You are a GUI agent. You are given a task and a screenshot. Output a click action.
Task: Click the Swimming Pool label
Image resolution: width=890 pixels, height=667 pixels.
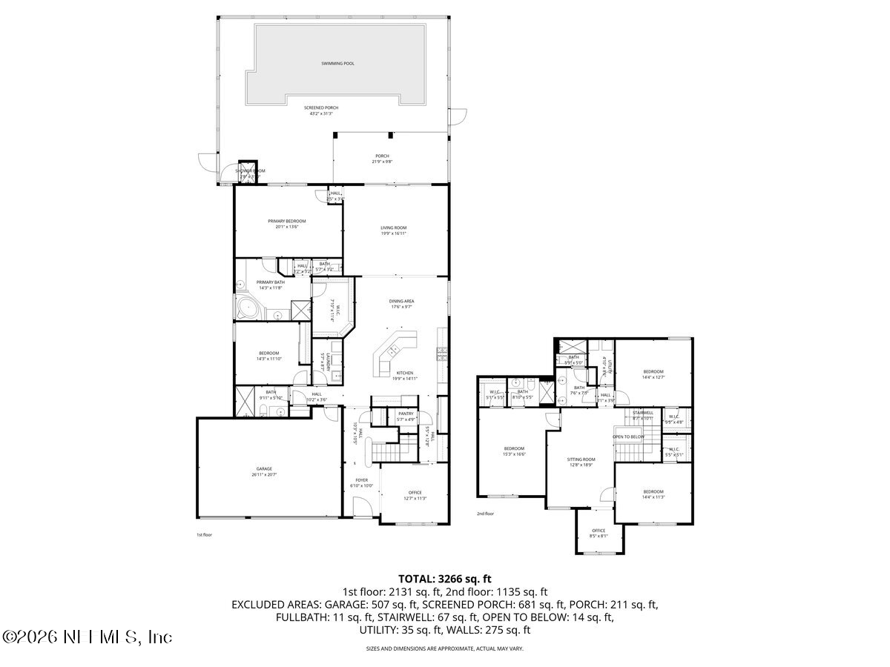pos(337,64)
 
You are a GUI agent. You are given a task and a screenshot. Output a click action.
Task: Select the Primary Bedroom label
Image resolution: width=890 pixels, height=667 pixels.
pos(286,221)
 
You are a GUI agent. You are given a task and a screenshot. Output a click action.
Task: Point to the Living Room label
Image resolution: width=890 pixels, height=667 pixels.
pos(393,228)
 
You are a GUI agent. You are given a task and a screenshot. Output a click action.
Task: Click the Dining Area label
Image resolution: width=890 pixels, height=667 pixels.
pos(401,301)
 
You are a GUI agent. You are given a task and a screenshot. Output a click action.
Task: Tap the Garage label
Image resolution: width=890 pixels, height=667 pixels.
pos(264,468)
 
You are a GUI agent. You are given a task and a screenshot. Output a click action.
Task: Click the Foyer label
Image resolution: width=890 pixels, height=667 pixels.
pos(361,480)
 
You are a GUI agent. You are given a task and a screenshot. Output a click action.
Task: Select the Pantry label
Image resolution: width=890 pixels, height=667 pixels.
pos(405,414)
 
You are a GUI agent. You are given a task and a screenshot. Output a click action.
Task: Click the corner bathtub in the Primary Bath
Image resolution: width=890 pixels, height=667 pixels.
pos(245,308)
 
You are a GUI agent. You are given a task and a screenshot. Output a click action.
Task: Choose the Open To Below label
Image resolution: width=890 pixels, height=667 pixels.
pos(628,437)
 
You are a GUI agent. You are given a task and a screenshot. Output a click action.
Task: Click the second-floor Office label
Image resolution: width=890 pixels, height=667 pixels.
pos(598,531)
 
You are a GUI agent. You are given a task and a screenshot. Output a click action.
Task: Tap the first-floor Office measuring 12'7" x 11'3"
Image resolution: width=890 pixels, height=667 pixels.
pos(415,495)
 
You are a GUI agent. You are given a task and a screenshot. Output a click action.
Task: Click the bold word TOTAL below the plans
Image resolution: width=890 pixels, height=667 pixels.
pos(417,579)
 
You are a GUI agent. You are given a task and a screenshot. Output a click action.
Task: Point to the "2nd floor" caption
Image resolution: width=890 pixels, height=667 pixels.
pos(485,513)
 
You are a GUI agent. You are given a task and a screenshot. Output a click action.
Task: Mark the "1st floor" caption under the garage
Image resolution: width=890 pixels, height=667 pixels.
pos(204,534)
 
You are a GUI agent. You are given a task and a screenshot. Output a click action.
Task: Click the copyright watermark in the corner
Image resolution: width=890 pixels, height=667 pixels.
pos(88,637)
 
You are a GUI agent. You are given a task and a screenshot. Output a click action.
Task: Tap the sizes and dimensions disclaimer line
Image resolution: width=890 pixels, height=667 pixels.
pos(444,648)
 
